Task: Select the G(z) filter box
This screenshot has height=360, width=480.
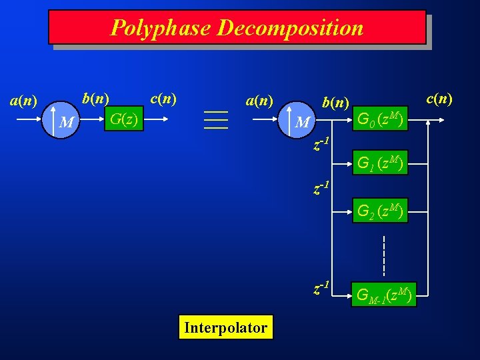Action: pos(124,120)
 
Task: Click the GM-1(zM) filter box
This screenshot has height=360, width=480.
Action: pos(385,294)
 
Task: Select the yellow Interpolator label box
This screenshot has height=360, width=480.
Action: pos(225,328)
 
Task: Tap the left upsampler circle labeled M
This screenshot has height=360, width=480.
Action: pos(65,122)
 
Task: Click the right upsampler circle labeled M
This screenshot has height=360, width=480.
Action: pos(303,122)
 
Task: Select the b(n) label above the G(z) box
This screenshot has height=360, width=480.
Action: pos(95,98)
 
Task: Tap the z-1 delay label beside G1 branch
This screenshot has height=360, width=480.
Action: pos(322,145)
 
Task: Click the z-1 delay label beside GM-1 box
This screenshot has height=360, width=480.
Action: pos(322,288)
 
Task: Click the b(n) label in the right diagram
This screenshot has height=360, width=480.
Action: pos(335,102)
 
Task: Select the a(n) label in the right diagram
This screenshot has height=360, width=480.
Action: pos(260,101)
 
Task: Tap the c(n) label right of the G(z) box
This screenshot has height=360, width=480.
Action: pos(163,98)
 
